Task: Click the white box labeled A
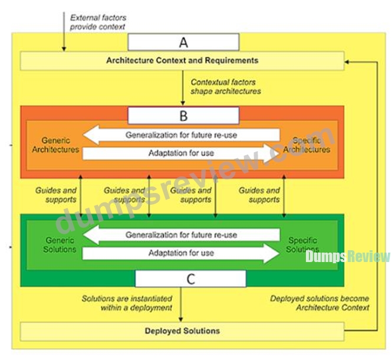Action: (183, 42)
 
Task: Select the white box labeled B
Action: (183, 116)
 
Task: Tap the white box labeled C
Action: (190, 279)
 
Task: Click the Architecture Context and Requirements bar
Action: (182, 61)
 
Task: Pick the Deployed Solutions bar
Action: (182, 331)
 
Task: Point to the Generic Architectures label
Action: (55, 145)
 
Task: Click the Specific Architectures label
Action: (307, 145)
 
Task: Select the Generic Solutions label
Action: (60, 244)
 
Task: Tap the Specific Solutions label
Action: (302, 244)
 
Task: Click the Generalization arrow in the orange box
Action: (181, 135)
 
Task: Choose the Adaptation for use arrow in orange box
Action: (181, 153)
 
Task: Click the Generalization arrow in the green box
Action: (181, 234)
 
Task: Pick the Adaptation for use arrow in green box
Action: (181, 253)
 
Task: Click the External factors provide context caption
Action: (98, 22)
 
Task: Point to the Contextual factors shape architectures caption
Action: (226, 87)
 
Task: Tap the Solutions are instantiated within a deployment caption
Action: (127, 303)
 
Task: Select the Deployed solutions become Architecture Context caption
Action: (319, 303)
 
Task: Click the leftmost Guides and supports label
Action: (56, 195)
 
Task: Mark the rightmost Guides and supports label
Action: (259, 195)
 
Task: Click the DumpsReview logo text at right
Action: (348, 256)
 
